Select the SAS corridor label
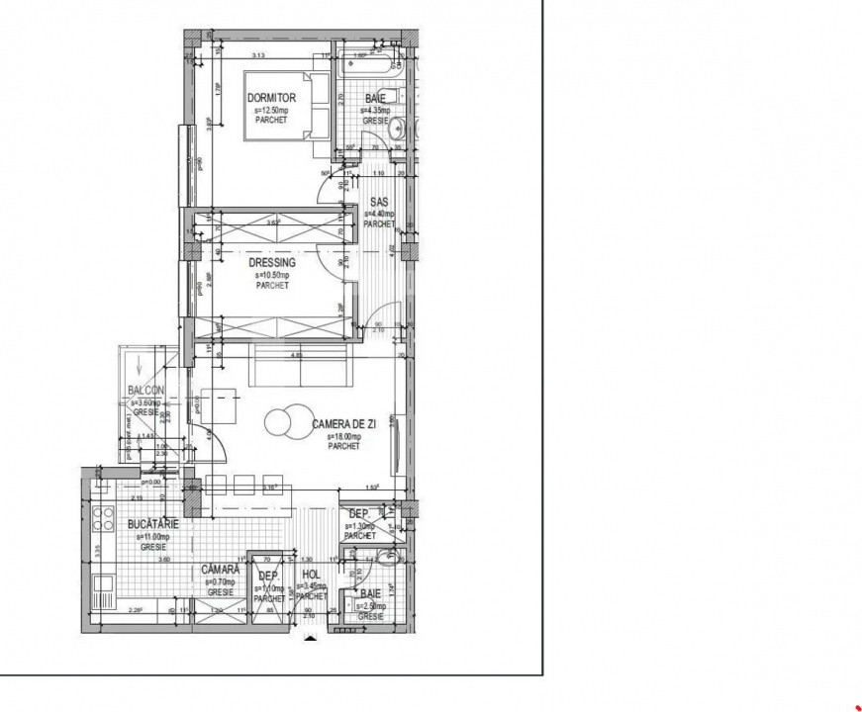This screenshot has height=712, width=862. point(379,202)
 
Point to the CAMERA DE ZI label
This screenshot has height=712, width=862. point(344,424)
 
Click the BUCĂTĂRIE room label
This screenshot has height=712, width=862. point(153,524)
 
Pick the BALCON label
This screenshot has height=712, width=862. point(146,390)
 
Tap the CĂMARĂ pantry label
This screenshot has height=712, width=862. point(221,570)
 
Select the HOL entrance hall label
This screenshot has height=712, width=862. point(311,575)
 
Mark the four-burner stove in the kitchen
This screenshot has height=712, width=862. point(102,519)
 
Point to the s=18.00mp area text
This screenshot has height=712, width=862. point(344,436)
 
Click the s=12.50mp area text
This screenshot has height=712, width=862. point(271,111)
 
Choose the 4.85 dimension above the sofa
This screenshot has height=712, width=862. point(295,354)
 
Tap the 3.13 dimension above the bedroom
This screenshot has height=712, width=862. point(261,56)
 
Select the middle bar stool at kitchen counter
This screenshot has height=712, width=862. point(242,484)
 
